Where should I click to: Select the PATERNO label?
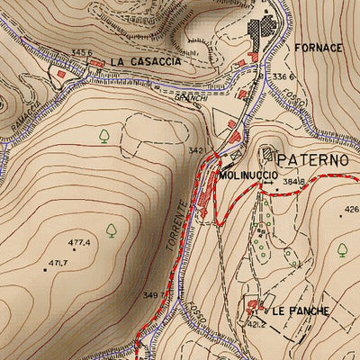[x=312, y=160]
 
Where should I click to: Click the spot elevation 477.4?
[x=80, y=242]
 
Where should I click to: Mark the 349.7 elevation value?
[x=154, y=295]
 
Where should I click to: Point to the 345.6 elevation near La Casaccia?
[x=83, y=53]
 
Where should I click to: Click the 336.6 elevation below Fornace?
[x=284, y=77]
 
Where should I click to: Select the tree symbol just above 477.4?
[x=111, y=229]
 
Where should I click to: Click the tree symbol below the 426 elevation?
[x=342, y=249]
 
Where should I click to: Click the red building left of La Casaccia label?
[x=61, y=74]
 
